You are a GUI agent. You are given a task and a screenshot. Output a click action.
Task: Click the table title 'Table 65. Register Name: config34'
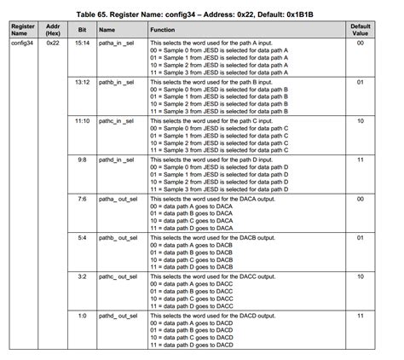point(202,15)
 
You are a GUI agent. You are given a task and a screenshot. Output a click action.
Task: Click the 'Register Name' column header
point(23,31)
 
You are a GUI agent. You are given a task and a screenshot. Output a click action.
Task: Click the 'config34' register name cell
point(23,42)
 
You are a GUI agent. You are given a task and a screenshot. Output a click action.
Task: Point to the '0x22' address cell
point(53,42)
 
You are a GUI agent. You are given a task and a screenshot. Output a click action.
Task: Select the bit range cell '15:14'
point(82,42)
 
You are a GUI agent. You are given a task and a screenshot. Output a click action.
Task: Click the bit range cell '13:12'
point(82,81)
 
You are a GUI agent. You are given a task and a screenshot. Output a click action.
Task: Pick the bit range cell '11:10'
point(82,120)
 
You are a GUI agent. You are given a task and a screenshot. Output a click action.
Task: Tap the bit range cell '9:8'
point(82,160)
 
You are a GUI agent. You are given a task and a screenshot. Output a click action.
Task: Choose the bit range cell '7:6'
point(82,199)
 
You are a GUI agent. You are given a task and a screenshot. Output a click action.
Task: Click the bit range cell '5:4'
point(82,238)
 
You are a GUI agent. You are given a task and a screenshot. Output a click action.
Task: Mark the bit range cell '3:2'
point(82,277)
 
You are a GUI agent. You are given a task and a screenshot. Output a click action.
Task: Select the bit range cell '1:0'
point(82,316)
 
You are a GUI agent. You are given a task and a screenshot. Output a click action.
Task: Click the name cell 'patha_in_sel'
point(118,42)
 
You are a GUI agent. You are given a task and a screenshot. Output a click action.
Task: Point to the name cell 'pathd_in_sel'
point(118,160)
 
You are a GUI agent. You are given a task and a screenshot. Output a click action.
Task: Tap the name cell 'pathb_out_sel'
point(120,238)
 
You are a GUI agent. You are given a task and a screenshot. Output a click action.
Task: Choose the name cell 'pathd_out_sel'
point(120,316)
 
